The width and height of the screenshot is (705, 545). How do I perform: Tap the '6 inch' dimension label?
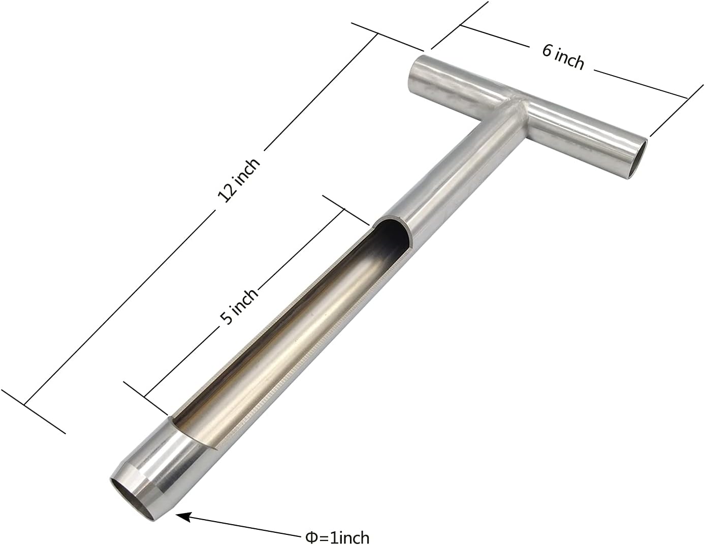click(x=563, y=57)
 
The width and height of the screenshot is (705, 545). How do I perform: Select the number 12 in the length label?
click(x=227, y=194)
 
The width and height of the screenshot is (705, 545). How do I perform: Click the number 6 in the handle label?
click(x=547, y=51)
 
